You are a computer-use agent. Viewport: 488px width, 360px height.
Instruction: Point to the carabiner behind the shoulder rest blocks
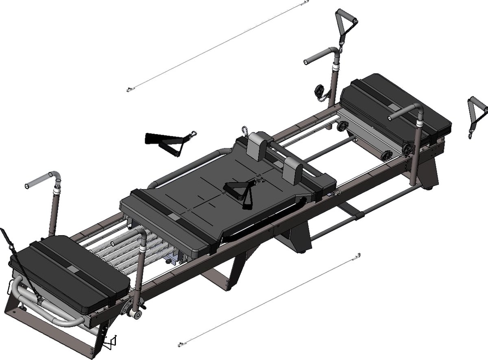[x=244, y=131]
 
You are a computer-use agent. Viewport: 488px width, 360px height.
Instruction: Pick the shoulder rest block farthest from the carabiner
[x=293, y=170]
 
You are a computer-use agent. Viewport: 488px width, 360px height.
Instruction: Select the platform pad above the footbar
[x=69, y=271]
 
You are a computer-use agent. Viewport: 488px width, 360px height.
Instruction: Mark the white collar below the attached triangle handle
[x=335, y=68]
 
